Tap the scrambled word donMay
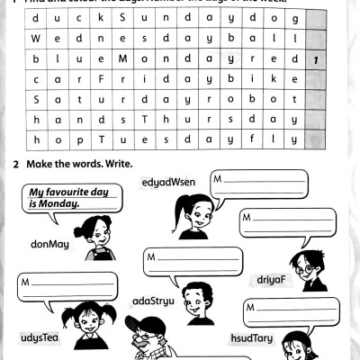[49, 243]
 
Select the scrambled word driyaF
[271, 278]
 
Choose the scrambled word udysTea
[39, 337]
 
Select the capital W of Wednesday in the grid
[34, 40]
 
